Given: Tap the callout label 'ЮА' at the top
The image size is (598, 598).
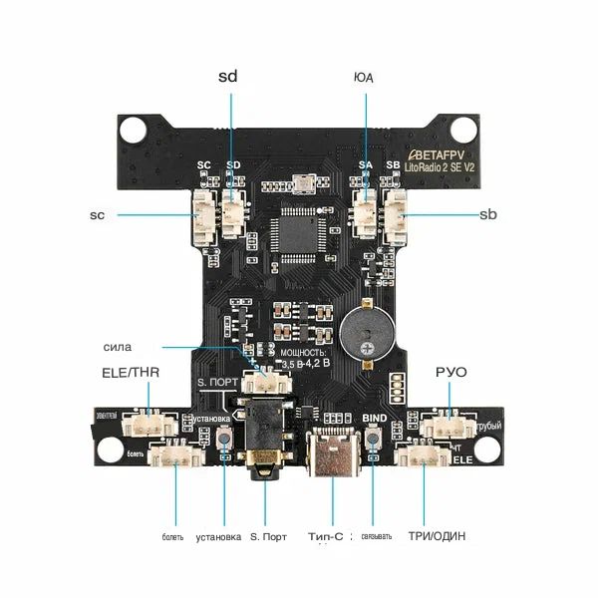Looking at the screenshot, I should (x=364, y=77).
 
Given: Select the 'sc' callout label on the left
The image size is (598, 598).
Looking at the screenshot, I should (x=98, y=214).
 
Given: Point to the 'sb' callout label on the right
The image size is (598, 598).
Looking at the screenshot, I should (x=488, y=214).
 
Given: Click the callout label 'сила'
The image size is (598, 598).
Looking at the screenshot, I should (x=117, y=347).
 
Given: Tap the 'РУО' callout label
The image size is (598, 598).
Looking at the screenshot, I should (x=450, y=372).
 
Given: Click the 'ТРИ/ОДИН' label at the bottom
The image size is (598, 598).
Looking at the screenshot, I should (x=436, y=537).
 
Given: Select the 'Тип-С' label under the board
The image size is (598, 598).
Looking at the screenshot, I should (x=326, y=537).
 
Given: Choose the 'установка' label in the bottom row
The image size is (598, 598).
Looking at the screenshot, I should (x=218, y=537).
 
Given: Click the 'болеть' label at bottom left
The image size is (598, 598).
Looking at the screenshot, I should (x=172, y=537).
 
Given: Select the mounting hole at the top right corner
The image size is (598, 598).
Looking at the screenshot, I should (x=464, y=128).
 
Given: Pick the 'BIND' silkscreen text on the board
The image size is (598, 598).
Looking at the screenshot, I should (x=375, y=418).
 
